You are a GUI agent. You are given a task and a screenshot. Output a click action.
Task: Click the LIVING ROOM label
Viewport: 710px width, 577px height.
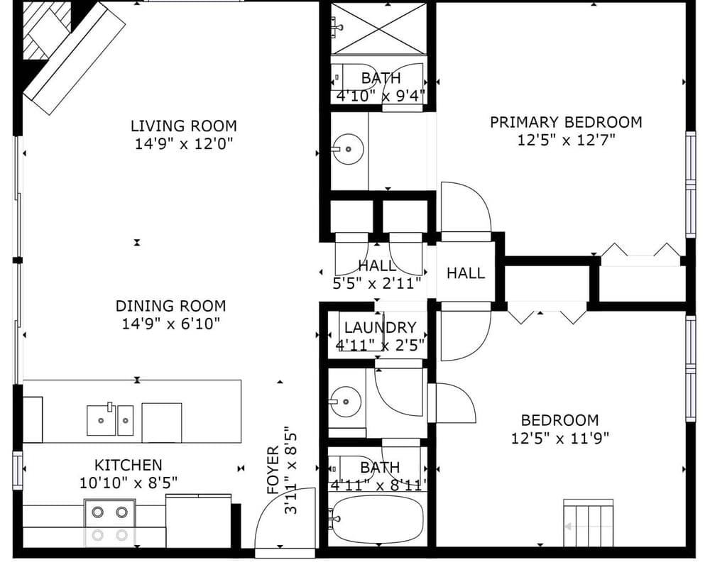point(183,126)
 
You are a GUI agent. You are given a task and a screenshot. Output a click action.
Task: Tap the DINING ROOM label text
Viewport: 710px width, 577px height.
point(170,306)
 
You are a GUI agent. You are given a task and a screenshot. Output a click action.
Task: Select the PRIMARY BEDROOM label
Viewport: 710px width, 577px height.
point(566,122)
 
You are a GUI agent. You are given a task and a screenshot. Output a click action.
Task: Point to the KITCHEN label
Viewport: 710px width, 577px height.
point(128,465)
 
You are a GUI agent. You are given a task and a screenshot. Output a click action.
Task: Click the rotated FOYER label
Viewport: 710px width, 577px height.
point(273,470)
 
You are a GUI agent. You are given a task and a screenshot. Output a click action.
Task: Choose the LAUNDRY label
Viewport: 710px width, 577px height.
point(380,327)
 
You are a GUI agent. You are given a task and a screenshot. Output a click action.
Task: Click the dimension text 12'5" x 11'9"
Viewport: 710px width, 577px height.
point(559,438)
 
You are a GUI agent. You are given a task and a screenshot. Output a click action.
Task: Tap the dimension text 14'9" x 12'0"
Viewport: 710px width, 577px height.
point(183,144)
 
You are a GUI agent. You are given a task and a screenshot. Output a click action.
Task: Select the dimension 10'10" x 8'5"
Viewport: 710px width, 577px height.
point(128,483)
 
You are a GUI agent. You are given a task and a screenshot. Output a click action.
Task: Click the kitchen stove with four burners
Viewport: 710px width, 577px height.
point(110,523)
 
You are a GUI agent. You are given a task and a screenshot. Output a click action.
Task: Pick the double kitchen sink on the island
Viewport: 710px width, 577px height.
point(110,419)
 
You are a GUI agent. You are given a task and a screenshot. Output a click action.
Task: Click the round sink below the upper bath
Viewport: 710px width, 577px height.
point(348,150)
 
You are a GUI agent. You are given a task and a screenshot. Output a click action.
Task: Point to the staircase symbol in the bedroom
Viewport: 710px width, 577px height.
point(588,523)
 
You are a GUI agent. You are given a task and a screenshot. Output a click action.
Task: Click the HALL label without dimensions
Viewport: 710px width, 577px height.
point(466,273)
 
